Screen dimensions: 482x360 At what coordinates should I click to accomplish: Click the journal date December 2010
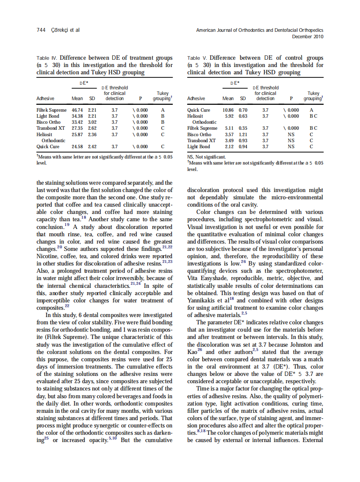308,37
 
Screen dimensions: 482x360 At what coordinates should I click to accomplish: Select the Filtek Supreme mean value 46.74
77,110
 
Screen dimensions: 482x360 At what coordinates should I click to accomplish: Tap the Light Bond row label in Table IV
48,116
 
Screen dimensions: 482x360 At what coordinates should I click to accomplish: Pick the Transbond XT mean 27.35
77,128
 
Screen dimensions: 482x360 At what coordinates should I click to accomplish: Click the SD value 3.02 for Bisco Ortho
92,122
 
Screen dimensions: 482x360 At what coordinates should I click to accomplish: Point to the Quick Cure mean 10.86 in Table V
228,110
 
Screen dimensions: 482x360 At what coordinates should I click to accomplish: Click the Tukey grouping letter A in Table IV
163,110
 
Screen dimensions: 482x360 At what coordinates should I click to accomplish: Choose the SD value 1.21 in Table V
243,134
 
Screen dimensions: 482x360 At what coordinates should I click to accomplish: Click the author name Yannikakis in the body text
203,301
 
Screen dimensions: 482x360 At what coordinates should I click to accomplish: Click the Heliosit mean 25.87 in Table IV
77,134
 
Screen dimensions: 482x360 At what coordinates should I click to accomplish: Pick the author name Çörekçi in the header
63,30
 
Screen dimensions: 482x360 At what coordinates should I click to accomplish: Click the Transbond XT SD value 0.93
243,140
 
